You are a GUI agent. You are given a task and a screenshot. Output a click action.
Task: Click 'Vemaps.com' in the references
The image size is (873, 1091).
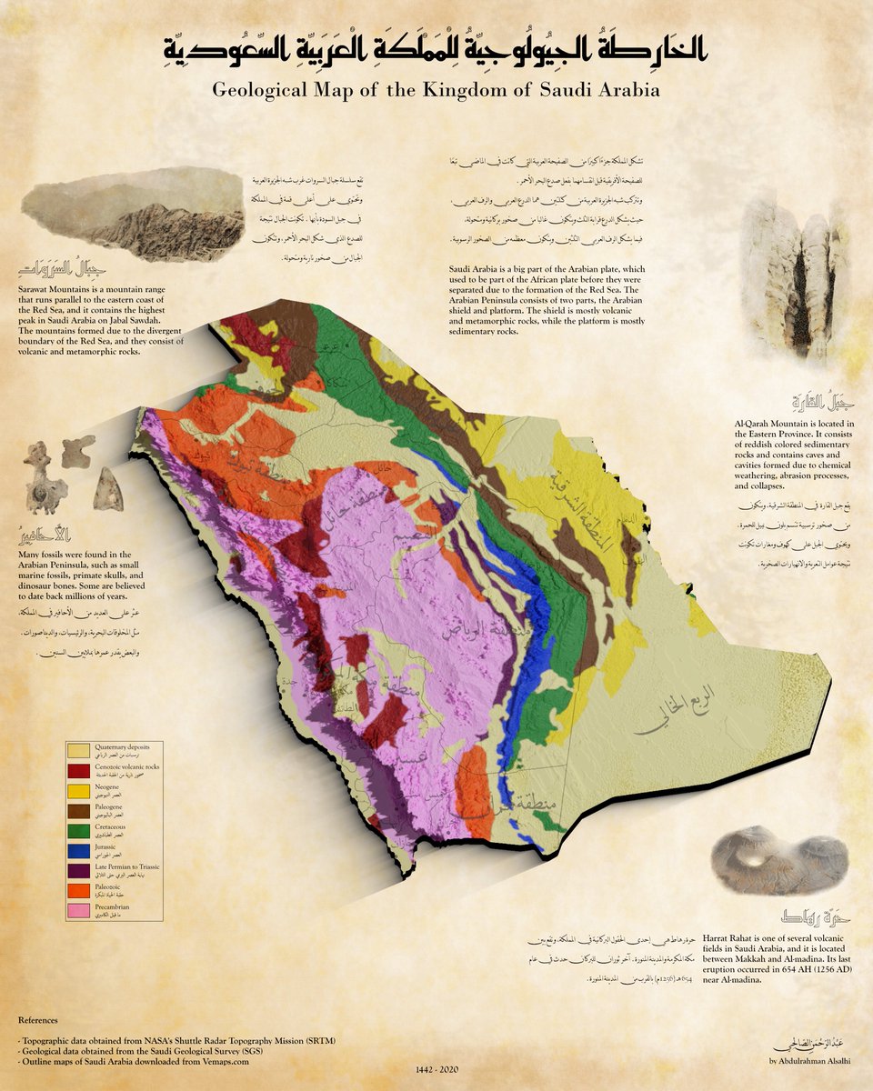217,1061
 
